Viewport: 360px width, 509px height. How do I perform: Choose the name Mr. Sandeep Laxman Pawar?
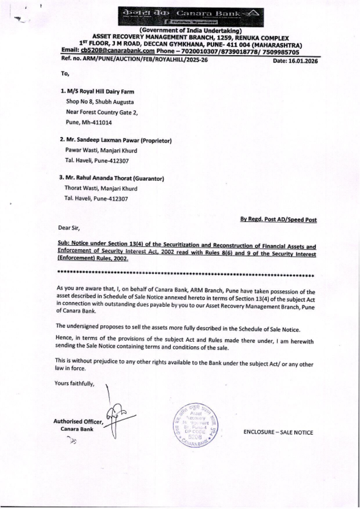[x=102, y=140]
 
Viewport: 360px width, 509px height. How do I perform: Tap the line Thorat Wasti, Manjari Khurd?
[x=101, y=188]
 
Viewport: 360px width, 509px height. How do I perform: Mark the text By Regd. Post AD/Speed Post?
[x=278, y=220]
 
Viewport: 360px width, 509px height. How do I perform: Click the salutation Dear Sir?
[x=69, y=228]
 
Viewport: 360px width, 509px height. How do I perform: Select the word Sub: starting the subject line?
[x=64, y=244]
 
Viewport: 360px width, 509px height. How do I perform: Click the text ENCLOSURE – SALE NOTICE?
[x=278, y=432]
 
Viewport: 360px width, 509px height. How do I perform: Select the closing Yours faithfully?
[x=74, y=383]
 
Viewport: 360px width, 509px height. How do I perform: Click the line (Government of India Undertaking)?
[x=190, y=31]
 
